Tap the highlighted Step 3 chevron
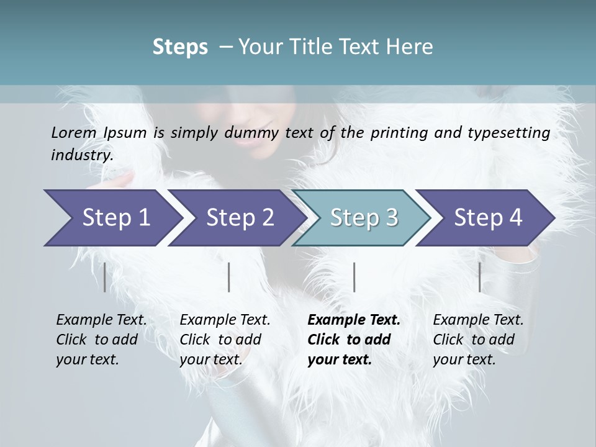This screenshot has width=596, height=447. [364, 217]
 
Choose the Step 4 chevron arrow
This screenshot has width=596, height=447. [488, 217]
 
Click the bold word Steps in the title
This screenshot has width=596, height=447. [180, 47]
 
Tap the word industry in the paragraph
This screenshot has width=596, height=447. [82, 155]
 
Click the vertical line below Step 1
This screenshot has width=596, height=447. [104, 277]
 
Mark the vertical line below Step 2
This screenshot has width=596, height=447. [229, 277]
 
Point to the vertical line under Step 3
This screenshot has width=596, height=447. [354, 277]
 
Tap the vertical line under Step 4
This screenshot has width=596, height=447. [479, 277]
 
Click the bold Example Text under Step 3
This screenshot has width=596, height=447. [354, 320]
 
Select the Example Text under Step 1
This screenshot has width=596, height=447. [101, 320]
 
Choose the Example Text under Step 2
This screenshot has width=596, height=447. [225, 320]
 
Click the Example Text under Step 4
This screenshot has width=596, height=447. [478, 320]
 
